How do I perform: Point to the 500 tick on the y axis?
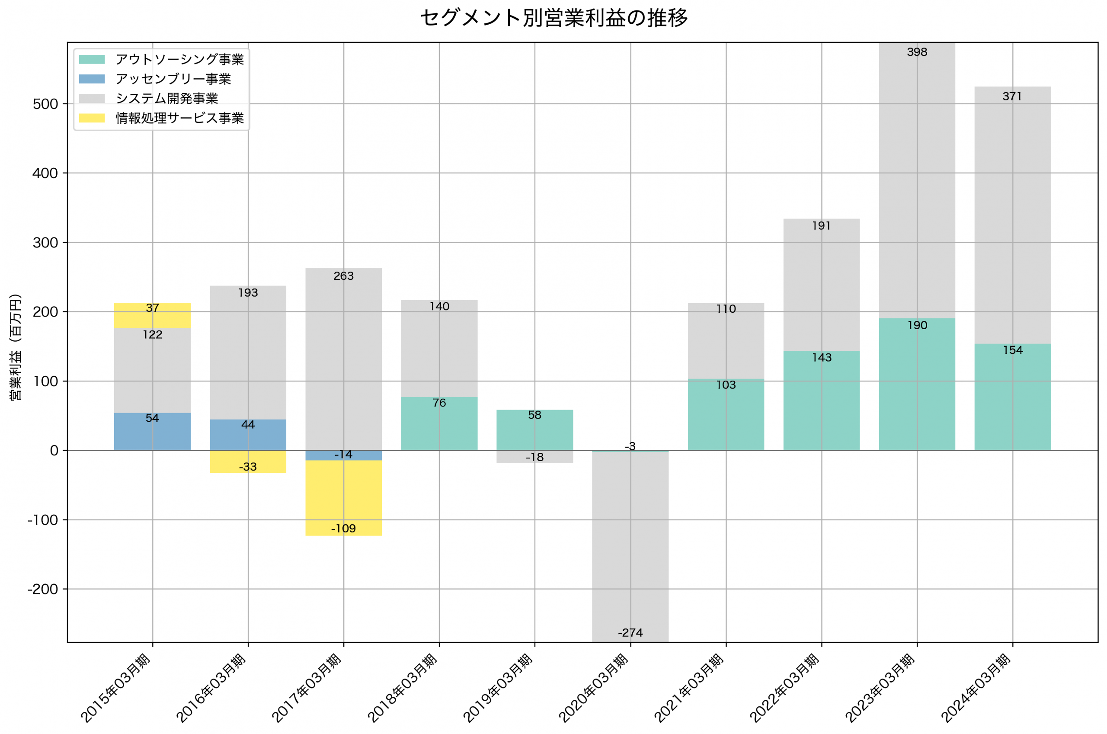click(45, 104)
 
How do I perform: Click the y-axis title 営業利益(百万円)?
click(16, 347)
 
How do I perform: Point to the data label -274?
click(630, 633)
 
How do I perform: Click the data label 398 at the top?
click(917, 52)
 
